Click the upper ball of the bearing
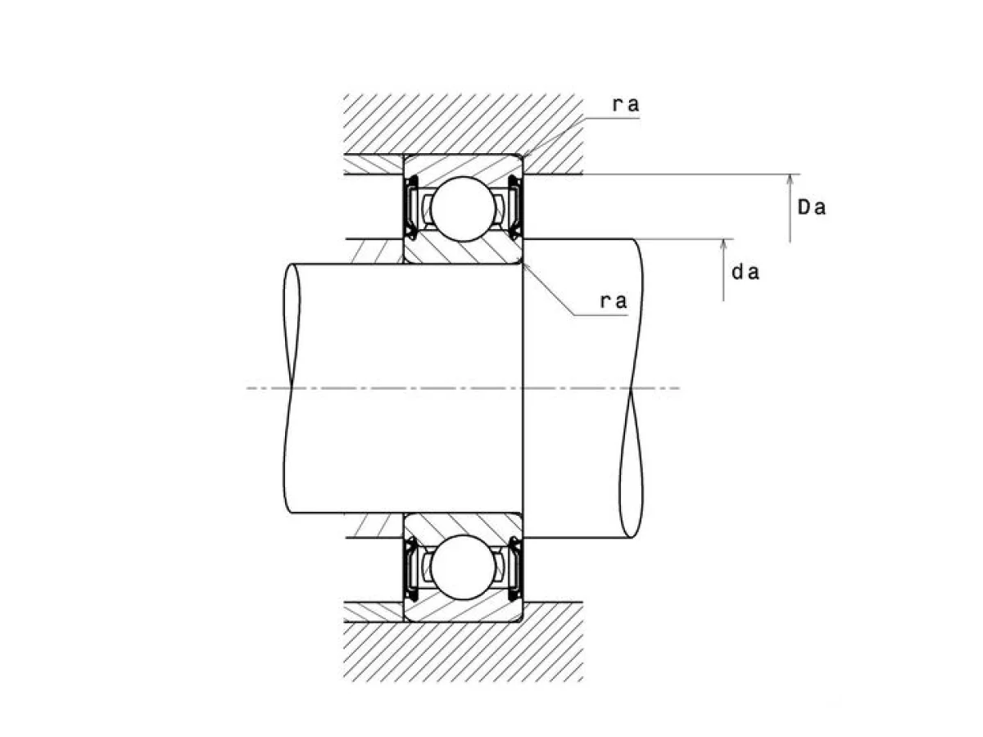(463, 209)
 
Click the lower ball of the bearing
(463, 567)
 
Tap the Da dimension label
(812, 208)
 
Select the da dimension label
(745, 272)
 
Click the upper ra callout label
(626, 105)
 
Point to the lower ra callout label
(613, 301)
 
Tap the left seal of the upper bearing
(411, 208)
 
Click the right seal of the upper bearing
(515, 208)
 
